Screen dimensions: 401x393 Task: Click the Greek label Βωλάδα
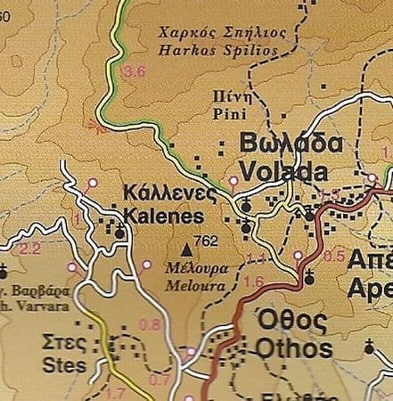click(x=291, y=146)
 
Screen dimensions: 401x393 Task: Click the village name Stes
click(x=63, y=364)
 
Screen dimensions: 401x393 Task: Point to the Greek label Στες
click(x=63, y=344)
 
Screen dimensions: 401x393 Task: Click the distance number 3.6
click(x=135, y=71)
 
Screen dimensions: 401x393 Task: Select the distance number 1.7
click(x=115, y=392)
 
